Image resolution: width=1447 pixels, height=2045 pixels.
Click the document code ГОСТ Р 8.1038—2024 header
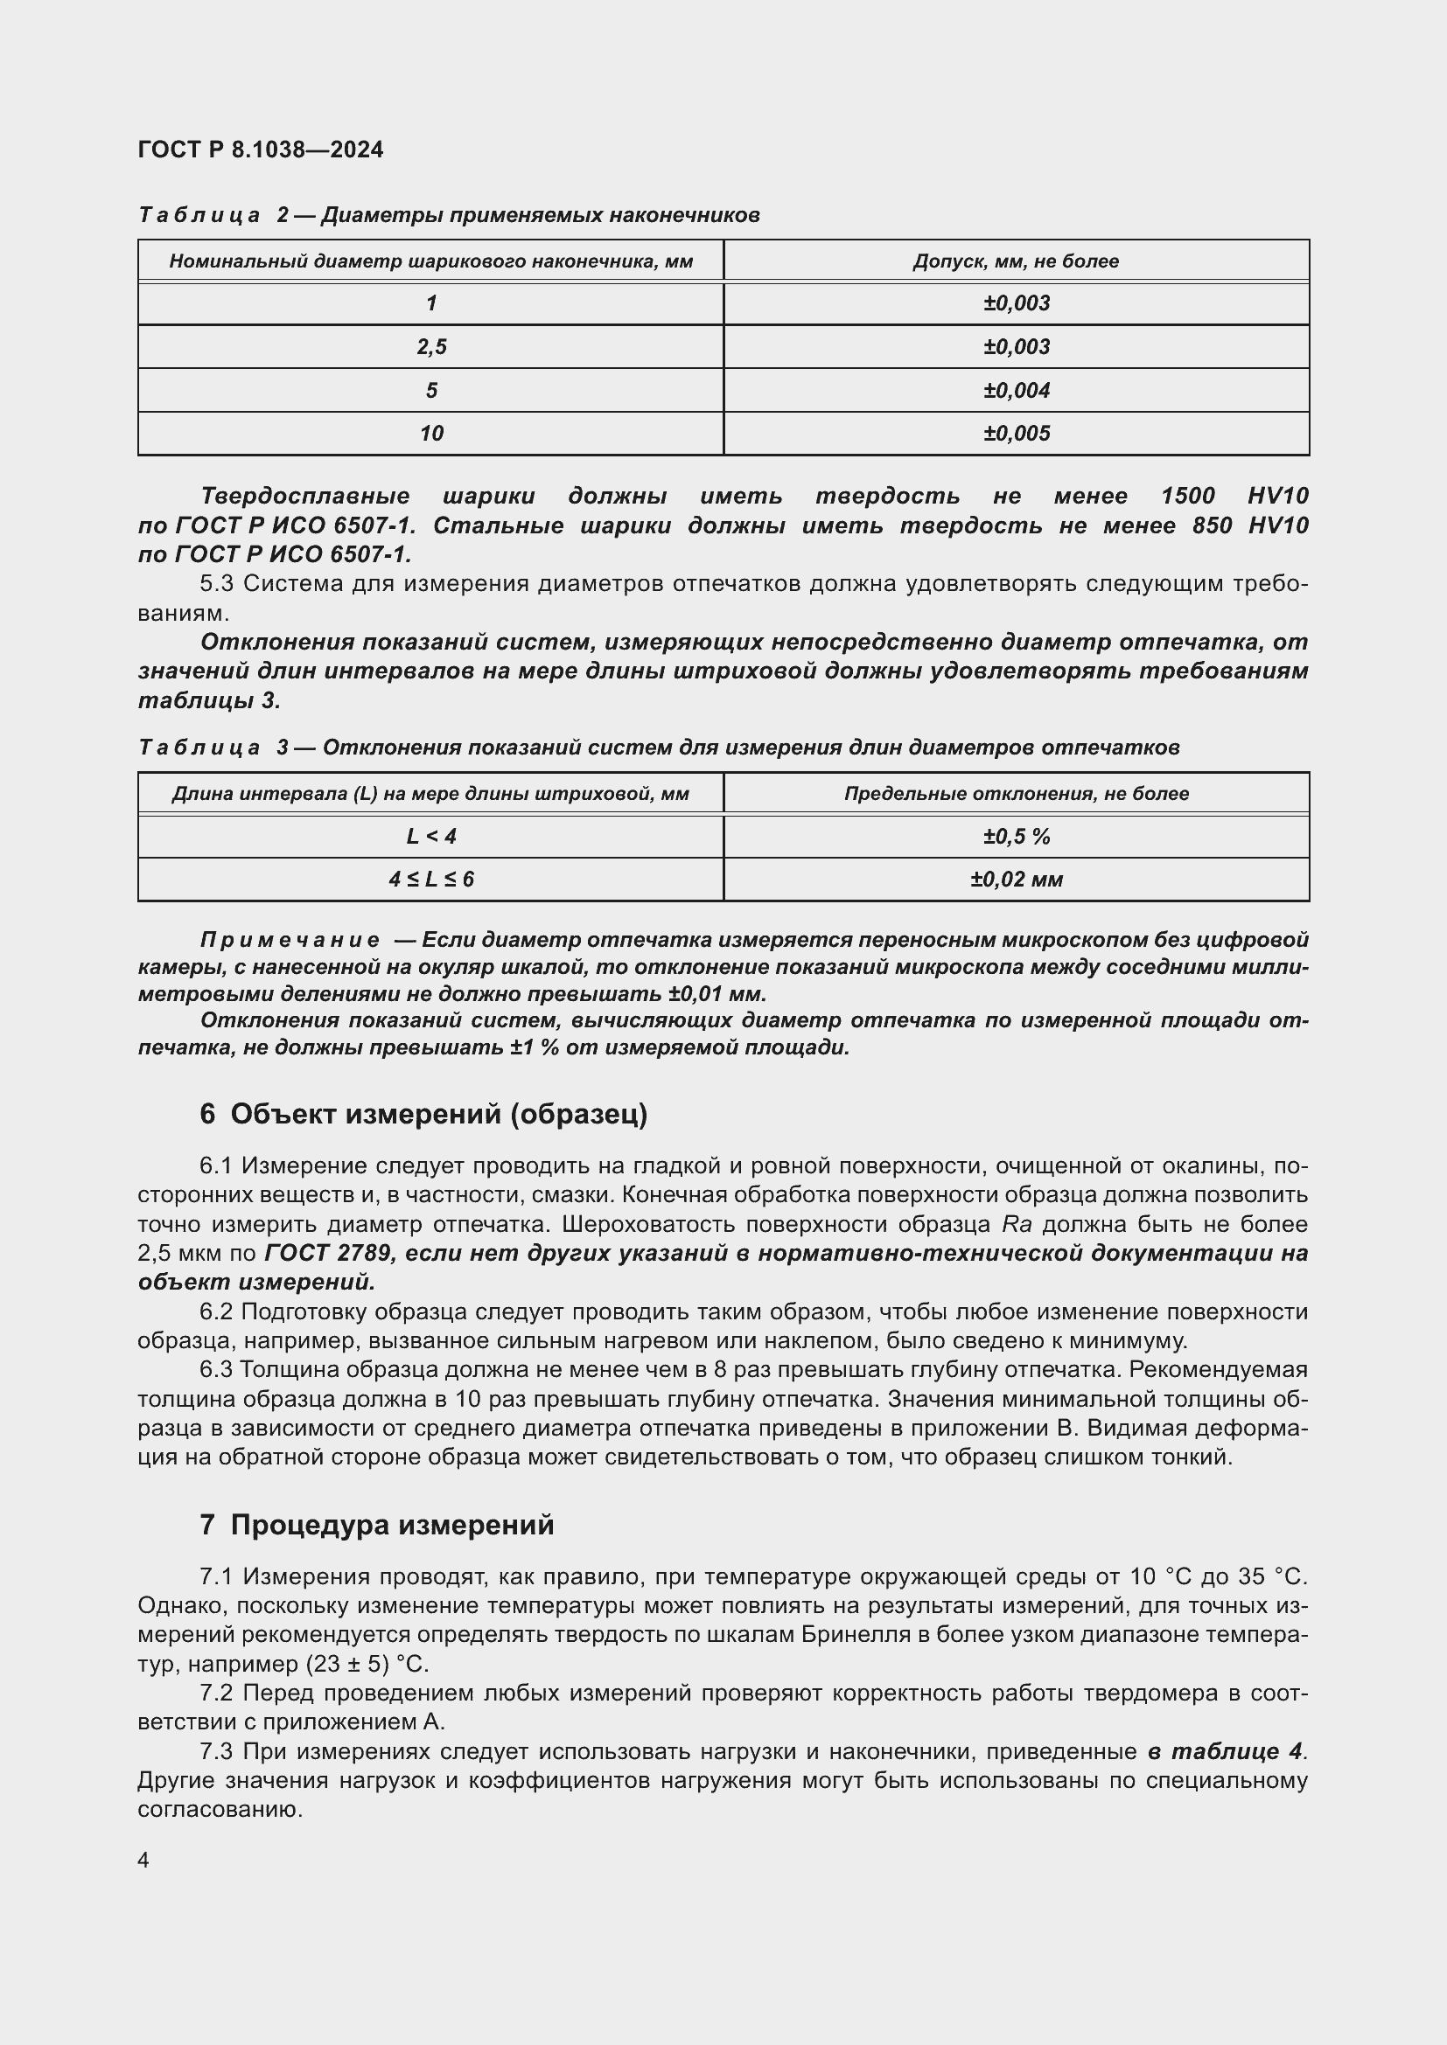point(260,150)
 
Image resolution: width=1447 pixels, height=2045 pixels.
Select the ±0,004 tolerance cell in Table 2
point(1016,390)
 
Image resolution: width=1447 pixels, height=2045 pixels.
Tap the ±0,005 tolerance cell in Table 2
point(1016,434)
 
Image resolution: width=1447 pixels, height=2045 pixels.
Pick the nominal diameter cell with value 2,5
point(431,346)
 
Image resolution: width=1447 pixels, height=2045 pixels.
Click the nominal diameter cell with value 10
point(431,434)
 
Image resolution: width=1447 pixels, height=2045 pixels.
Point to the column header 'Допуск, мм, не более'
point(1016,261)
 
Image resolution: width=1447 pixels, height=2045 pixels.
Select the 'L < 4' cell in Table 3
point(431,837)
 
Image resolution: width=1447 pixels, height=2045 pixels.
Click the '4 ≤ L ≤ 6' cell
point(431,879)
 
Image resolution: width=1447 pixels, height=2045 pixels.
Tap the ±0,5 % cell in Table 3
point(1016,837)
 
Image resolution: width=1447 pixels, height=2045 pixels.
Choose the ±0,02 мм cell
point(1016,879)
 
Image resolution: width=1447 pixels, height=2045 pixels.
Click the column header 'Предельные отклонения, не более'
point(1016,794)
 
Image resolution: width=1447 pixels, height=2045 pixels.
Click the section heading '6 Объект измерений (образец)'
point(423,1114)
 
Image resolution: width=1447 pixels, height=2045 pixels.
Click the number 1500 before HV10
point(1188,496)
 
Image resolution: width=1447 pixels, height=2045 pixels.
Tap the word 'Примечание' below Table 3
point(290,940)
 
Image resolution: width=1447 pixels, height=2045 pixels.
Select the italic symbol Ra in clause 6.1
point(1017,1224)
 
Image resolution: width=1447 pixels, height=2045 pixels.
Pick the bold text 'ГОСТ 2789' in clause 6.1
point(327,1253)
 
